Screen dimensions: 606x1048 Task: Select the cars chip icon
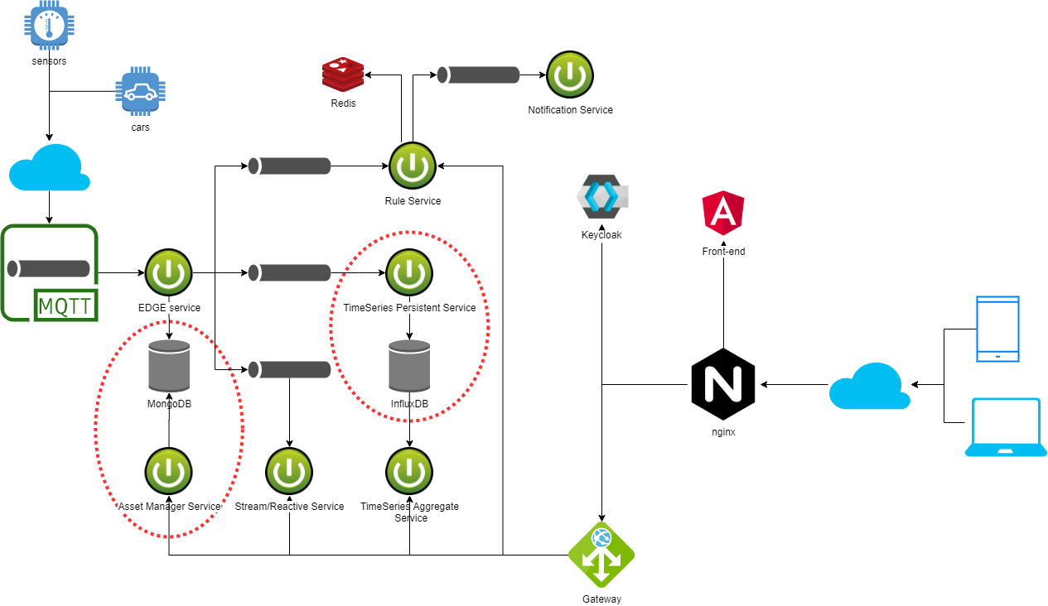140,94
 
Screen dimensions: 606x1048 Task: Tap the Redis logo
343,74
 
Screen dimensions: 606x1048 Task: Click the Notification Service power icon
570,75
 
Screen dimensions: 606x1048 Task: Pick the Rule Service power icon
413,166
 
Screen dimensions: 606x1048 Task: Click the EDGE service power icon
169,272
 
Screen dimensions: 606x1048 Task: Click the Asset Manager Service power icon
169,471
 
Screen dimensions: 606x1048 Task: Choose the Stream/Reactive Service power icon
289,471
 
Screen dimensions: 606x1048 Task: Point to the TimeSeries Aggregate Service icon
409,471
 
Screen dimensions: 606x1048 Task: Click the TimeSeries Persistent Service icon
409,272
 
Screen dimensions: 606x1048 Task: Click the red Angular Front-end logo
723,212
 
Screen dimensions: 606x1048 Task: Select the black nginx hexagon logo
723,385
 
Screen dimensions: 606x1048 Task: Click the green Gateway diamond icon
601,555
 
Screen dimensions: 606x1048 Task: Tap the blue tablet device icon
997,329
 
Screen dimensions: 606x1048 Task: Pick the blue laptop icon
1006,426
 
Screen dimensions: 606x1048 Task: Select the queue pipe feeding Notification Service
479,75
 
